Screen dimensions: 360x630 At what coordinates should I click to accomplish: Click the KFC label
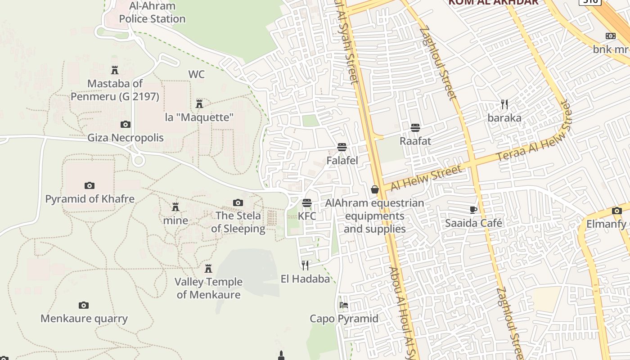point(307,216)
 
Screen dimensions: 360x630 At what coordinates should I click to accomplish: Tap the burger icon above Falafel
point(342,147)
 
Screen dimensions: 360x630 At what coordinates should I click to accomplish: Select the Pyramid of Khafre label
point(90,199)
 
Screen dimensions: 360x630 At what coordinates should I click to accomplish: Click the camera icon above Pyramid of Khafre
point(90,185)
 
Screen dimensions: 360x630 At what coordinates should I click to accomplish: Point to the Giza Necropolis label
point(126,138)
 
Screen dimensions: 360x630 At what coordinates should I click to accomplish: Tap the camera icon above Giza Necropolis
point(126,125)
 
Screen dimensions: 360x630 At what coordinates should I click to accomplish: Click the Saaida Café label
point(473,223)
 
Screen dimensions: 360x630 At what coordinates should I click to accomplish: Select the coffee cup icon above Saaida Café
point(473,209)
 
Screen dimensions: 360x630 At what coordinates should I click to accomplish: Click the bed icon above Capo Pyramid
point(344,305)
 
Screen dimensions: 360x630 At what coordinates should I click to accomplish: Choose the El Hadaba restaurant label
point(305,279)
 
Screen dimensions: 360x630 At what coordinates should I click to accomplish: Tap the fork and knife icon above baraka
point(504,104)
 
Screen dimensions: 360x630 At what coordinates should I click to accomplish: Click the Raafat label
point(415,141)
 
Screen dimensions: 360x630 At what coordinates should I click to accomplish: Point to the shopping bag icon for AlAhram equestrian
point(374,190)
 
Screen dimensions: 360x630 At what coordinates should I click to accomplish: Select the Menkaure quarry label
point(84,319)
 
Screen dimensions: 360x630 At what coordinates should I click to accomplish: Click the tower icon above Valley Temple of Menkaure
point(208,269)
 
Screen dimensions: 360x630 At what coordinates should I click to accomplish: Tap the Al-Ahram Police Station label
point(152,13)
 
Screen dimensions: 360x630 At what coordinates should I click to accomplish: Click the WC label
point(196,74)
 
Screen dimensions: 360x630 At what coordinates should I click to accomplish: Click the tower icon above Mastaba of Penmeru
point(114,70)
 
